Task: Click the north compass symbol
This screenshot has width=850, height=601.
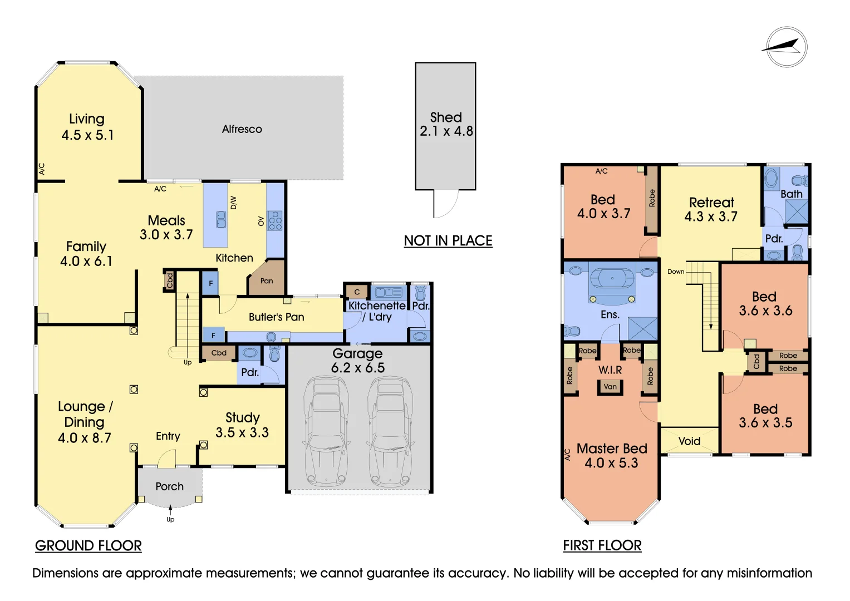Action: (x=786, y=47)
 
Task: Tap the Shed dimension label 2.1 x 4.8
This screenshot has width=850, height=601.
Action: (x=446, y=131)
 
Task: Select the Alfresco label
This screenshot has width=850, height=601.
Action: (x=242, y=129)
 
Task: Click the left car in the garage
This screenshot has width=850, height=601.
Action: (x=327, y=431)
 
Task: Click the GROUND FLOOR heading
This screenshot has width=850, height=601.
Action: (x=88, y=546)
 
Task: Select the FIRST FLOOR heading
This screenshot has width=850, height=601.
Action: (x=602, y=546)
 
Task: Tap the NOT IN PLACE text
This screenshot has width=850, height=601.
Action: (x=448, y=241)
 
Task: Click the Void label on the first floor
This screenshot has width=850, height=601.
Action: (x=689, y=441)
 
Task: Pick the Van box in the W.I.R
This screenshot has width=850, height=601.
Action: (x=610, y=387)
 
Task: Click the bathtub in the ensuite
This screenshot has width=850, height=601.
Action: (x=612, y=278)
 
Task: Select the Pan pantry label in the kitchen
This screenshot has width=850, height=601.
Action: (x=267, y=281)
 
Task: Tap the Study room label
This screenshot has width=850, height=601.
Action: (x=242, y=417)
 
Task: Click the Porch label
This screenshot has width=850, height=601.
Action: (x=169, y=486)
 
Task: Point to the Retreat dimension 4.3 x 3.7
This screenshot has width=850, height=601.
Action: (x=711, y=217)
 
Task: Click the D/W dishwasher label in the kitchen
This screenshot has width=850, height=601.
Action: (x=234, y=203)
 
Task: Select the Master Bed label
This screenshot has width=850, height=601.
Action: (x=611, y=449)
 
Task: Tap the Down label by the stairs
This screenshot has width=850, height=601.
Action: (x=676, y=272)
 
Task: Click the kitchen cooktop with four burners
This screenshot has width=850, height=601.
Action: (x=275, y=221)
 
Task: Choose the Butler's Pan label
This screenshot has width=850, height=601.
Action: (x=276, y=317)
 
